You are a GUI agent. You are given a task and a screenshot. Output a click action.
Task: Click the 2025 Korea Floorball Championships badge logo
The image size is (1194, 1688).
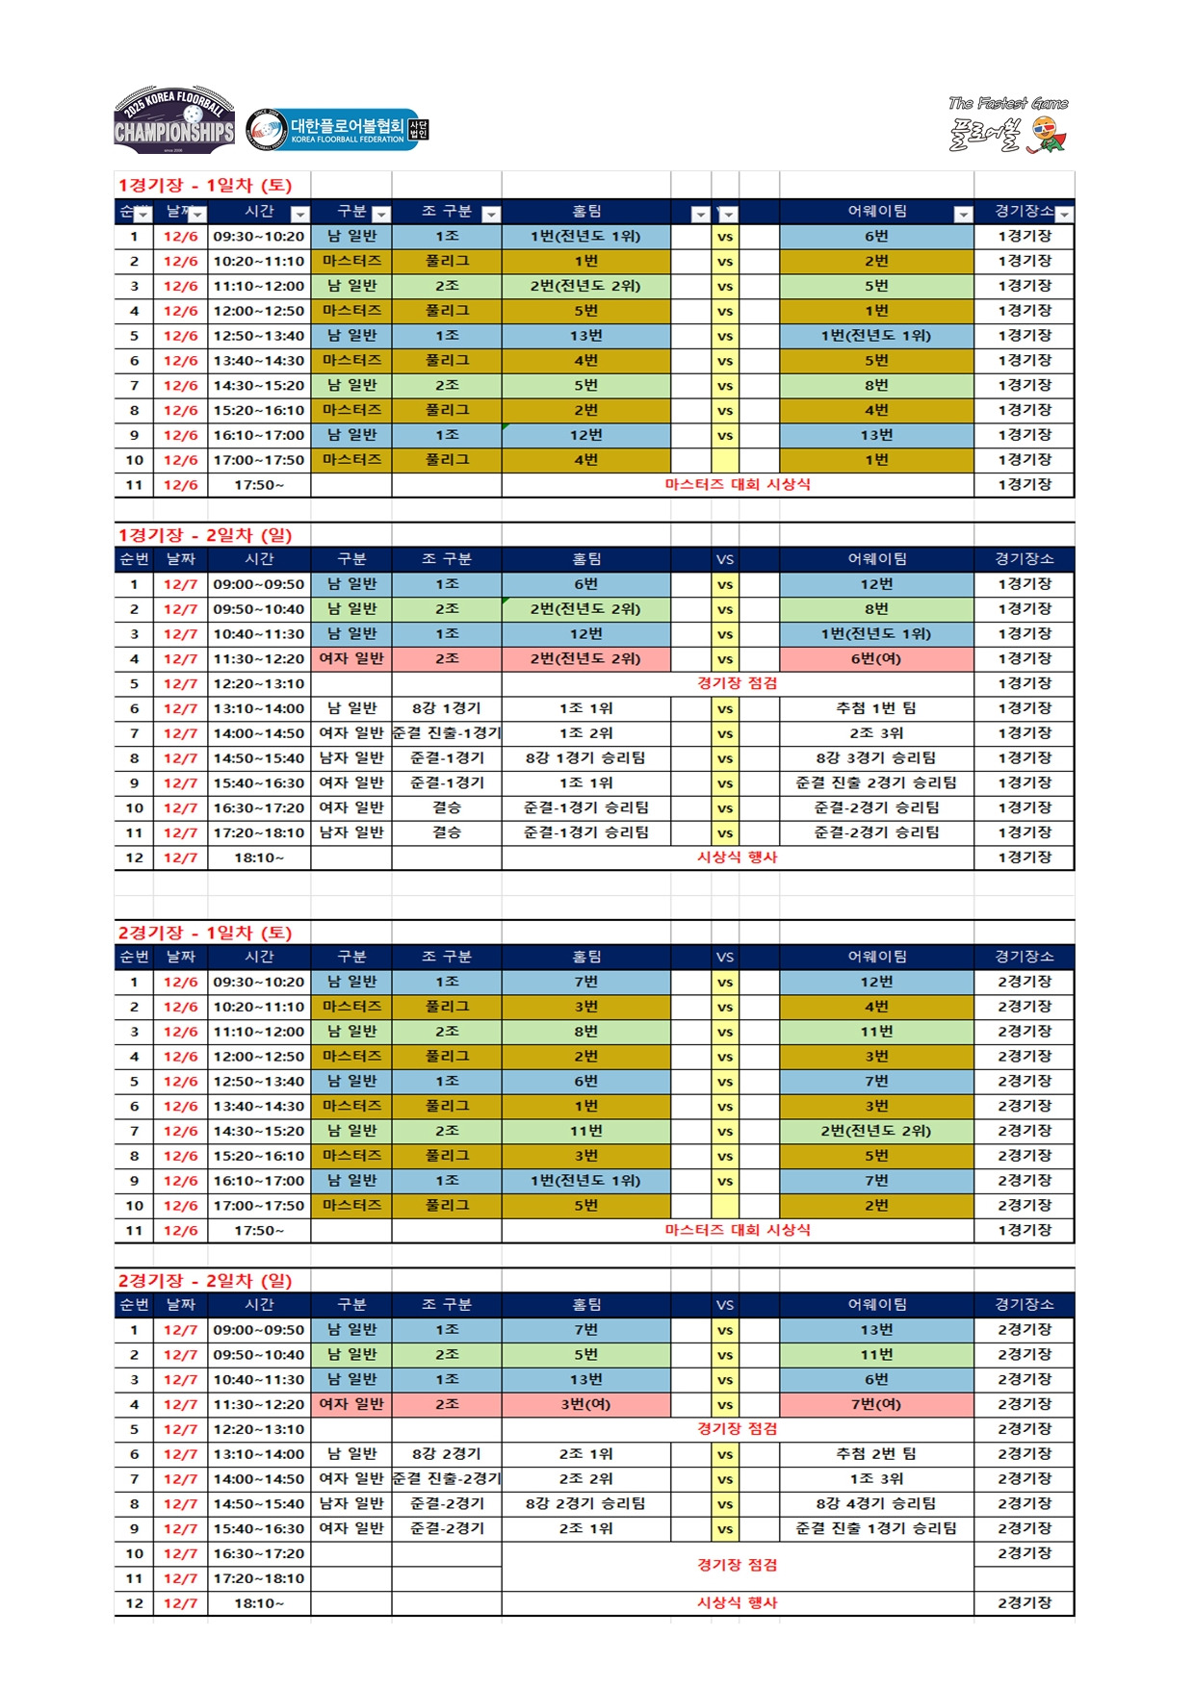click(174, 120)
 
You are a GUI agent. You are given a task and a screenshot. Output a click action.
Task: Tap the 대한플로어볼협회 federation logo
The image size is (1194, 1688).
click(337, 130)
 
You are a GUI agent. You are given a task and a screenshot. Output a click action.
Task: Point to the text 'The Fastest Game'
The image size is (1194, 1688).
click(1007, 103)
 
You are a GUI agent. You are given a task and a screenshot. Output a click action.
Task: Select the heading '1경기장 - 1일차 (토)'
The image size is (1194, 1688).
click(205, 185)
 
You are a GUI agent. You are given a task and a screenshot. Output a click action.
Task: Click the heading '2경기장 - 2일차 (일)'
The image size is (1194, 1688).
click(205, 1280)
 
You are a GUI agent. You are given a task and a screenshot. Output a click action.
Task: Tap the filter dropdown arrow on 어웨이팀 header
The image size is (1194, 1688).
click(962, 214)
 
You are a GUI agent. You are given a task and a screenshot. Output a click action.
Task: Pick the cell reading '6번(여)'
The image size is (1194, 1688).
click(876, 659)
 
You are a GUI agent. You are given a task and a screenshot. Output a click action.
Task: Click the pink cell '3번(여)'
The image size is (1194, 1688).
click(585, 1404)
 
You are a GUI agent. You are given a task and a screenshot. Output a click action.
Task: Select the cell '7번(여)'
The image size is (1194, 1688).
click(876, 1404)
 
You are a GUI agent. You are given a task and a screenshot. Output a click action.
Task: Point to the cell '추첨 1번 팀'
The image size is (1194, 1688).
click(876, 708)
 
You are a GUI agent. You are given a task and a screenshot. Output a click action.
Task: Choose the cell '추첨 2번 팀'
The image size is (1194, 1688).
click(876, 1454)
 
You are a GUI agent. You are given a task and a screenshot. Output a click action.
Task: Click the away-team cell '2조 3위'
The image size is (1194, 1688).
click(876, 733)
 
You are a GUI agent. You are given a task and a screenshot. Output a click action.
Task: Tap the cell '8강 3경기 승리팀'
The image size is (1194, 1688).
click(876, 758)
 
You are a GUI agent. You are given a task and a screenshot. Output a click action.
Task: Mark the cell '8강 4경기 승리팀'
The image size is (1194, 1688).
click(876, 1503)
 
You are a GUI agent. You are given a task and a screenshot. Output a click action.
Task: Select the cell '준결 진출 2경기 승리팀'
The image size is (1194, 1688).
click(876, 783)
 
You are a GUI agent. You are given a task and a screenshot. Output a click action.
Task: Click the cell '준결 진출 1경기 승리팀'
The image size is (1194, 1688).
click(876, 1528)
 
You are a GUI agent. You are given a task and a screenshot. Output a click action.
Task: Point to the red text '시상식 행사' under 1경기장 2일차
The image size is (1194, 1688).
click(737, 857)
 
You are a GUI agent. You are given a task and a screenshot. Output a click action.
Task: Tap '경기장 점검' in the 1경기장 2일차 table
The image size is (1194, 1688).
click(737, 683)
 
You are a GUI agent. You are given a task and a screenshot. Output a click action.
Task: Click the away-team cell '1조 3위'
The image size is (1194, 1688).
click(876, 1479)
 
